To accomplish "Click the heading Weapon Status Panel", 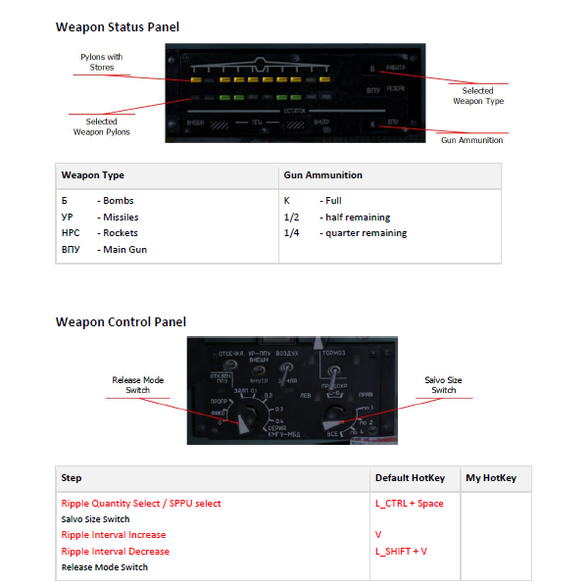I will pos(118,27).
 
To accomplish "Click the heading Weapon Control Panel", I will pos(121,322).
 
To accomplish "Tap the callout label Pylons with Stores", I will pos(102,63).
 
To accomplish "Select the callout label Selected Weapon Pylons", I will pos(101,127).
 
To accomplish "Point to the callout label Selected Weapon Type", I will pos(478,96).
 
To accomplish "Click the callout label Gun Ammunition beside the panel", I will pos(471,140).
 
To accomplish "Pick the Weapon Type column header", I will pos(93,175).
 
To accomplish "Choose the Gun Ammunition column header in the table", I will pos(322,175).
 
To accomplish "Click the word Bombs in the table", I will pos(119,201).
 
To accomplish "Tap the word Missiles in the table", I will pos(122,218).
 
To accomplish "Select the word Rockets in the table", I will pos(121,233).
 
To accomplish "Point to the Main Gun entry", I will pos(123,250).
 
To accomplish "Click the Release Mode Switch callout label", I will pos(139,385).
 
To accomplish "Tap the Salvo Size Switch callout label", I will pos(443,385).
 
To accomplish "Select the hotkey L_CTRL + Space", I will pos(409,504).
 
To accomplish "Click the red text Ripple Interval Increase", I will pos(114,535).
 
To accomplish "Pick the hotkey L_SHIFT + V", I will pos(402,552).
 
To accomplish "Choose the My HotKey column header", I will pos(491,478).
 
